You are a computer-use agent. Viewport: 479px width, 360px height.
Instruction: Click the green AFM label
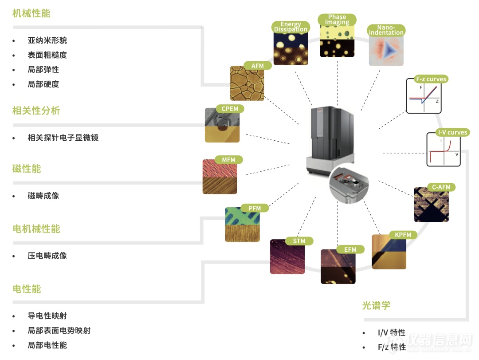257,66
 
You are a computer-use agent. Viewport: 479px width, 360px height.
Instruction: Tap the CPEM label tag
230,109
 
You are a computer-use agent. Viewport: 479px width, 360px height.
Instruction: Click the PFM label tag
255,208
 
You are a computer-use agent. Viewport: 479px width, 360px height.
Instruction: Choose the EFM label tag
350,249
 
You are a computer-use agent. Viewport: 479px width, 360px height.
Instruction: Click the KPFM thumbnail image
389,253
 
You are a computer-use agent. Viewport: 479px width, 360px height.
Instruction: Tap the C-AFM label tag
441,187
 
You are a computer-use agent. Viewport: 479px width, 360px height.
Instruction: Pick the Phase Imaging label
337,20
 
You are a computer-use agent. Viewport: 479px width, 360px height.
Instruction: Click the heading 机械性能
31,13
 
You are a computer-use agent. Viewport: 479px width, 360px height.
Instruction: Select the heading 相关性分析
36,111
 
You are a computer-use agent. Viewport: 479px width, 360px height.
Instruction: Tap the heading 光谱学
376,305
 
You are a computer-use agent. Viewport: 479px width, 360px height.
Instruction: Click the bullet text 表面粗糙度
47,55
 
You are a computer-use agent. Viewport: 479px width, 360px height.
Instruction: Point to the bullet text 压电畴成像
47,256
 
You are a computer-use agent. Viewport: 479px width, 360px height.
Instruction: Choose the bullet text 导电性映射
47,316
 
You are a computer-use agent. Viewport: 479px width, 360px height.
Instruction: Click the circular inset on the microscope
349,184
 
